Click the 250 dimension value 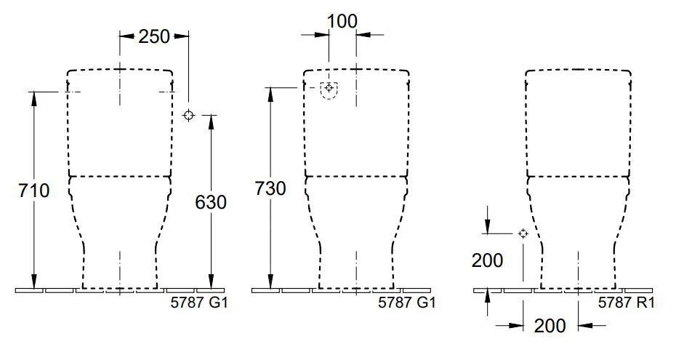click(x=153, y=36)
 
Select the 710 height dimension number click(x=34, y=191)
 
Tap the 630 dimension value click(x=211, y=201)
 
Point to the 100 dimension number click(x=342, y=21)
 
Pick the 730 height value click(x=270, y=188)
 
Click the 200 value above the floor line click(x=488, y=260)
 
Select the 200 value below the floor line click(x=550, y=326)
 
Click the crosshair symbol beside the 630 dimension click(x=189, y=115)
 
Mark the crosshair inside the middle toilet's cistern click(x=329, y=87)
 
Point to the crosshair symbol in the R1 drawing click(x=522, y=233)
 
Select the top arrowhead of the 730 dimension click(x=270, y=93)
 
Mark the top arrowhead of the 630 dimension click(x=211, y=121)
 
